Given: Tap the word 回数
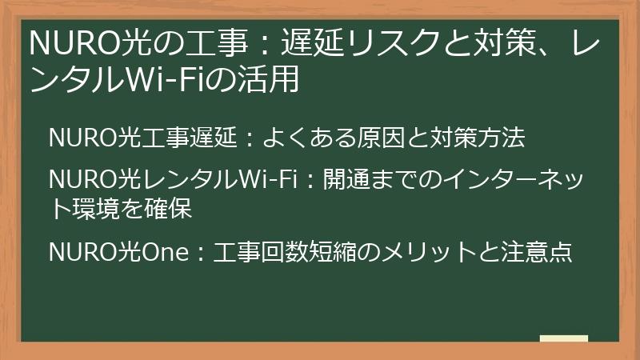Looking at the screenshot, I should [x=272, y=252].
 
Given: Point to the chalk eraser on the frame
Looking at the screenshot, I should [x=563, y=338].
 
